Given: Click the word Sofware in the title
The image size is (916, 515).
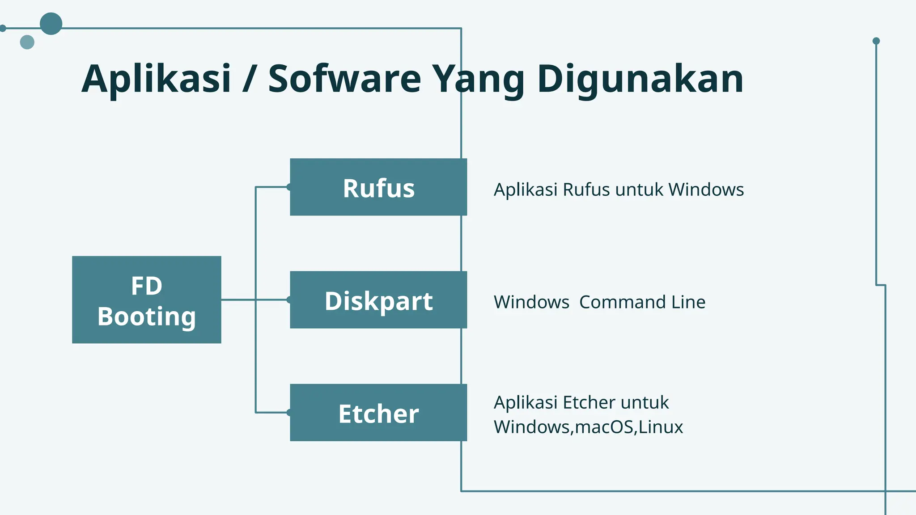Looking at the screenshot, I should pyautogui.click(x=344, y=79).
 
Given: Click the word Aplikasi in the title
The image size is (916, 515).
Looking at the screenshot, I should pyautogui.click(x=156, y=79).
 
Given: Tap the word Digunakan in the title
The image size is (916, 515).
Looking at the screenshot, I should pyautogui.click(x=640, y=79).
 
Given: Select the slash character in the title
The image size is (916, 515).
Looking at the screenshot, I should pyautogui.click(x=249, y=79).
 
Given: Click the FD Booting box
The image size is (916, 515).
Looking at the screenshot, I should pyautogui.click(x=146, y=300).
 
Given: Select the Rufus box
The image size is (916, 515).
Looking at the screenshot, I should pyautogui.click(x=378, y=187).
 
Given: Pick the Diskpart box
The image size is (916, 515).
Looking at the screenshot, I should pyautogui.click(x=378, y=300).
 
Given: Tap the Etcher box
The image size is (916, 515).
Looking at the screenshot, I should pyautogui.click(x=378, y=413).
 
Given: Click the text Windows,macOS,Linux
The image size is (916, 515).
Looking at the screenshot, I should pyautogui.click(x=588, y=427).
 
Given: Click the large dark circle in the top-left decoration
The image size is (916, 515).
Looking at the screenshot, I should pyautogui.click(x=51, y=24).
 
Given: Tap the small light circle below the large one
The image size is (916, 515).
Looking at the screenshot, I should pyautogui.click(x=27, y=42).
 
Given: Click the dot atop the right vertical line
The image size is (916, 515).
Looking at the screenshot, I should pyautogui.click(x=876, y=41).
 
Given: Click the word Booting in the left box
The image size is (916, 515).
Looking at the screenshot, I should pyautogui.click(x=146, y=317).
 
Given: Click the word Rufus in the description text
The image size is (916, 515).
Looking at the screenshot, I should pyautogui.click(x=586, y=190).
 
